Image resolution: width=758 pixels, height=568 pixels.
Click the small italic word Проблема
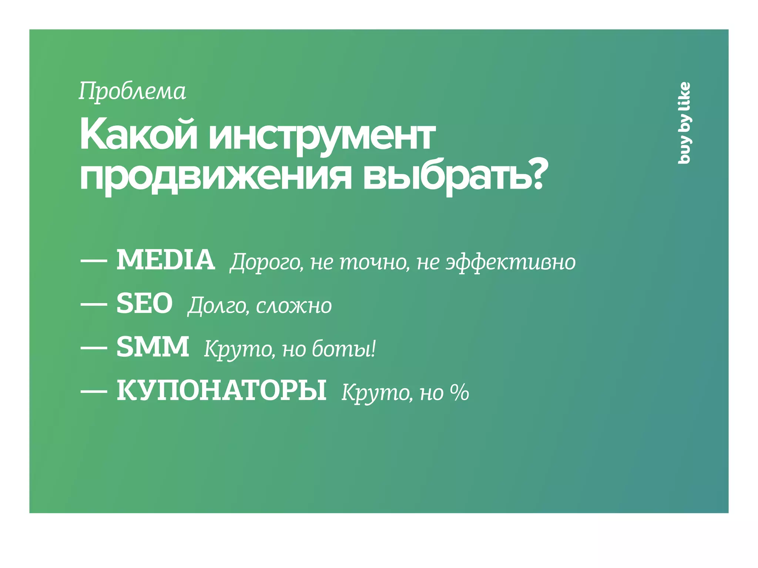point(132,91)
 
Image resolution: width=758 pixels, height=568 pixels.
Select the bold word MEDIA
point(165,260)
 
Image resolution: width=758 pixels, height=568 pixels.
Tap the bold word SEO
point(144,304)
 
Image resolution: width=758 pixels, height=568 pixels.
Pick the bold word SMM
point(152,347)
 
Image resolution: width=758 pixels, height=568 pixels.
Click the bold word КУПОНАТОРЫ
point(221,390)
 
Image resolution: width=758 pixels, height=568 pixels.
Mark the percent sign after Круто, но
point(459,392)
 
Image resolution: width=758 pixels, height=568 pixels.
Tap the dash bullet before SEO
point(94,304)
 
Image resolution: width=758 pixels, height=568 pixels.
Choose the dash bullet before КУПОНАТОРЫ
point(94,391)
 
